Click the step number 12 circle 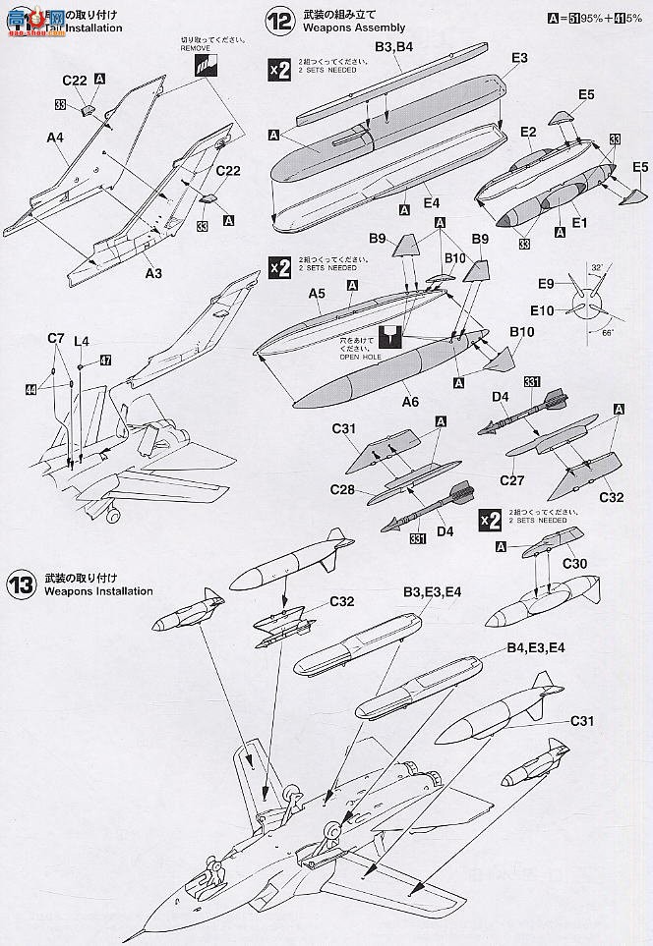278,19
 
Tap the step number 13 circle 21,584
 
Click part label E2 527,132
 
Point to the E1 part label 579,222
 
